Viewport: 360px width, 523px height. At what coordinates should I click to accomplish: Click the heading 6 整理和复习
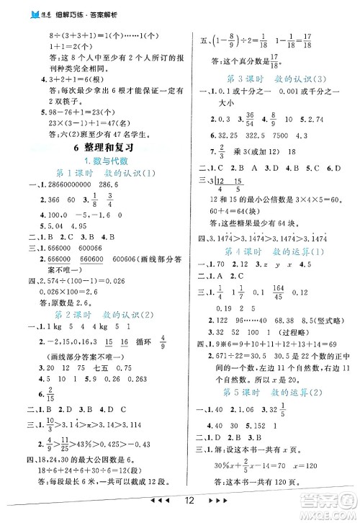pos(97,148)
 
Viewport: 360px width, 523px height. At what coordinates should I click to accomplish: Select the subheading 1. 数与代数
pos(97,161)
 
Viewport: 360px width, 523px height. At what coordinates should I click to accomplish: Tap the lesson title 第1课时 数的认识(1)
pos(97,176)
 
